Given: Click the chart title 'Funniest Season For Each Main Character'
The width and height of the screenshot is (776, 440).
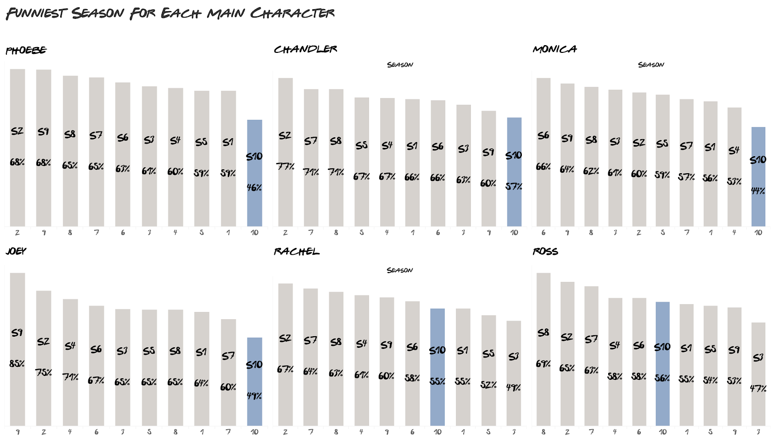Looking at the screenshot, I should [x=170, y=13].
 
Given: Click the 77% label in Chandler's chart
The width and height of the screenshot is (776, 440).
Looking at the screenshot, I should [x=285, y=166].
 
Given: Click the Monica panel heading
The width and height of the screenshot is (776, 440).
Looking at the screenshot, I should [x=555, y=49].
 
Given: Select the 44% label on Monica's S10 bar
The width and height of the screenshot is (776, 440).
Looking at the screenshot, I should [x=758, y=191].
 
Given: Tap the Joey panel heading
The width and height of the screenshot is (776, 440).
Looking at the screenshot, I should [x=16, y=251].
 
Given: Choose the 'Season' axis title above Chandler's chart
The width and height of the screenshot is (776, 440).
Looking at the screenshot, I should [x=400, y=65].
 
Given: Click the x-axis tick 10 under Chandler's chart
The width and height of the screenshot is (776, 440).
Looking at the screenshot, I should [x=514, y=233].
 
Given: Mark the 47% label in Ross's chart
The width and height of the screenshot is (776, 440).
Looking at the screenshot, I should [x=758, y=388].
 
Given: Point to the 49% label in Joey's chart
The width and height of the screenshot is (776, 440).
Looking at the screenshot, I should [x=255, y=396].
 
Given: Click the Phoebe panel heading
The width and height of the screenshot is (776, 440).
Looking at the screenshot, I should [x=26, y=50].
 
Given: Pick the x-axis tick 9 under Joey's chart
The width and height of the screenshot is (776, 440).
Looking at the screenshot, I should [x=17, y=432].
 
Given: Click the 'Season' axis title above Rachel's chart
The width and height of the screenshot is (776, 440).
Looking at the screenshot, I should [x=400, y=270].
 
